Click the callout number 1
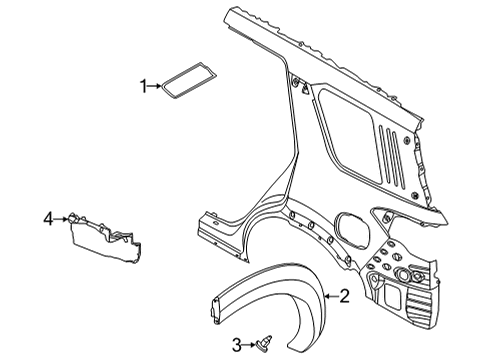144,88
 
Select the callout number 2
345,295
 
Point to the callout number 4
47,216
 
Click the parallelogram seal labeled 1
179,82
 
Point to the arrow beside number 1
157,88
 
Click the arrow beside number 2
330,295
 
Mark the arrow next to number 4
61,216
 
